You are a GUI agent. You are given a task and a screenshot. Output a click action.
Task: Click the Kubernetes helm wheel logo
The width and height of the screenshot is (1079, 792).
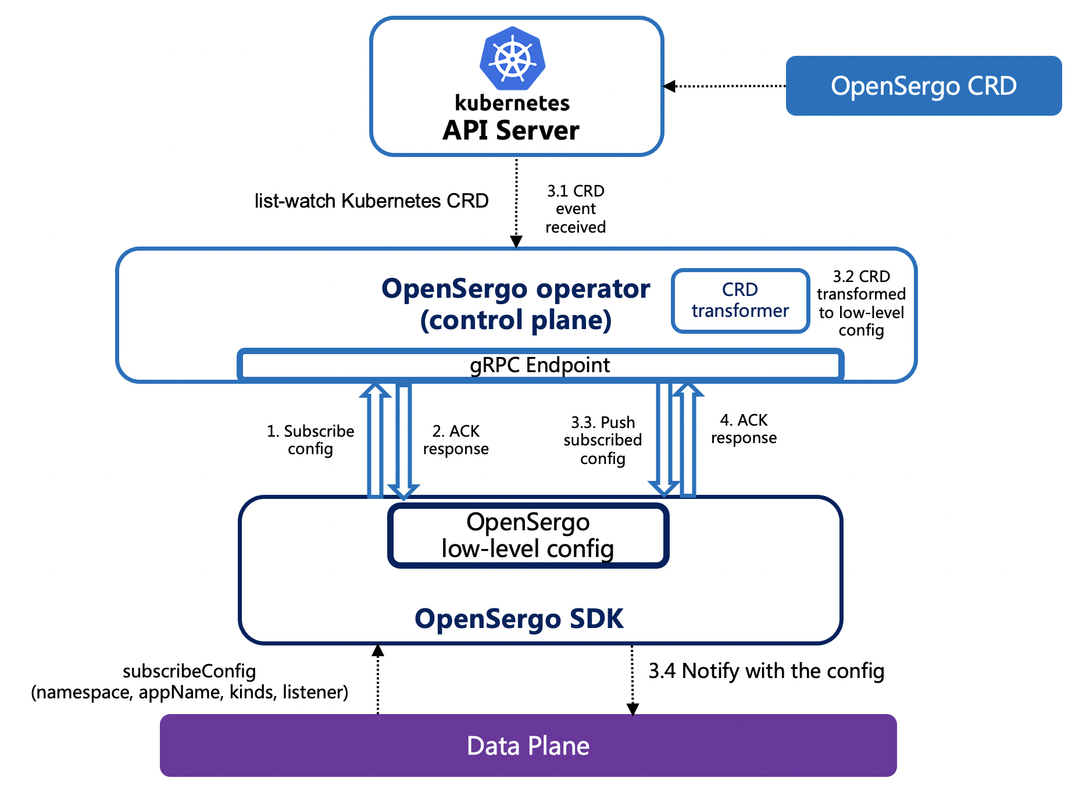[512, 59]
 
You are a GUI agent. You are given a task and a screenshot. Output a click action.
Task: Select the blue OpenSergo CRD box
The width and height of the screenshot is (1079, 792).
[923, 86]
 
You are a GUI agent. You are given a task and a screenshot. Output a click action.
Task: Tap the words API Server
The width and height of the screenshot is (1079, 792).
[510, 130]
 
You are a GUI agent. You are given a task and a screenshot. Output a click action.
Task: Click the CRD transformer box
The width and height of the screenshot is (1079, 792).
[740, 301]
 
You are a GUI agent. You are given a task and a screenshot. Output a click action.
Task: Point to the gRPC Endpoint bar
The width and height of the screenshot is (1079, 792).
[539, 365]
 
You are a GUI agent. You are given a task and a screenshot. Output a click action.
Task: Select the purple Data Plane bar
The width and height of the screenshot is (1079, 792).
[528, 745]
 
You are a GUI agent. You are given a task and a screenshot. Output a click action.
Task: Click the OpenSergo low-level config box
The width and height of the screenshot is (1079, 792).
[528, 536]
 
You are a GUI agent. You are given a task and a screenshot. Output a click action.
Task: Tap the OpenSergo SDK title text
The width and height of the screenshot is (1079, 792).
[519, 618]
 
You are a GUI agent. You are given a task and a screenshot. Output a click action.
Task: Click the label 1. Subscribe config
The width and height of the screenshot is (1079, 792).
[310, 440]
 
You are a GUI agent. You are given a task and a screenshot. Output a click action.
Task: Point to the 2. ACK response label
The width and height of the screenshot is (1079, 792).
[456, 440]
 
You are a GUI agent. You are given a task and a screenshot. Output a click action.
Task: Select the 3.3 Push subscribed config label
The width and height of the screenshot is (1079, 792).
[603, 440]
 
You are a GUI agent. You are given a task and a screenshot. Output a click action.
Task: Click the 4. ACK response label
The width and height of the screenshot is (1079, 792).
[744, 429]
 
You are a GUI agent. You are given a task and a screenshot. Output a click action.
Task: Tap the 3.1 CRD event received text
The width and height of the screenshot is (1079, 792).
[576, 209]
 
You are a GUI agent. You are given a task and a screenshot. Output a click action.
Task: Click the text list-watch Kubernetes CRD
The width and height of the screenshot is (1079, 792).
[371, 201]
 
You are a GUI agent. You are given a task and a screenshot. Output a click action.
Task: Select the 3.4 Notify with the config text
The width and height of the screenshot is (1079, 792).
[766, 671]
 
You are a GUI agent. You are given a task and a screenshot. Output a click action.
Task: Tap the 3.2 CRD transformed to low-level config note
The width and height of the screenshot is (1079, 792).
[861, 303]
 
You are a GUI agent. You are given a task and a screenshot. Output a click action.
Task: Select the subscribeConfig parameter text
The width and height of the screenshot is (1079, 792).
[190, 682]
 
